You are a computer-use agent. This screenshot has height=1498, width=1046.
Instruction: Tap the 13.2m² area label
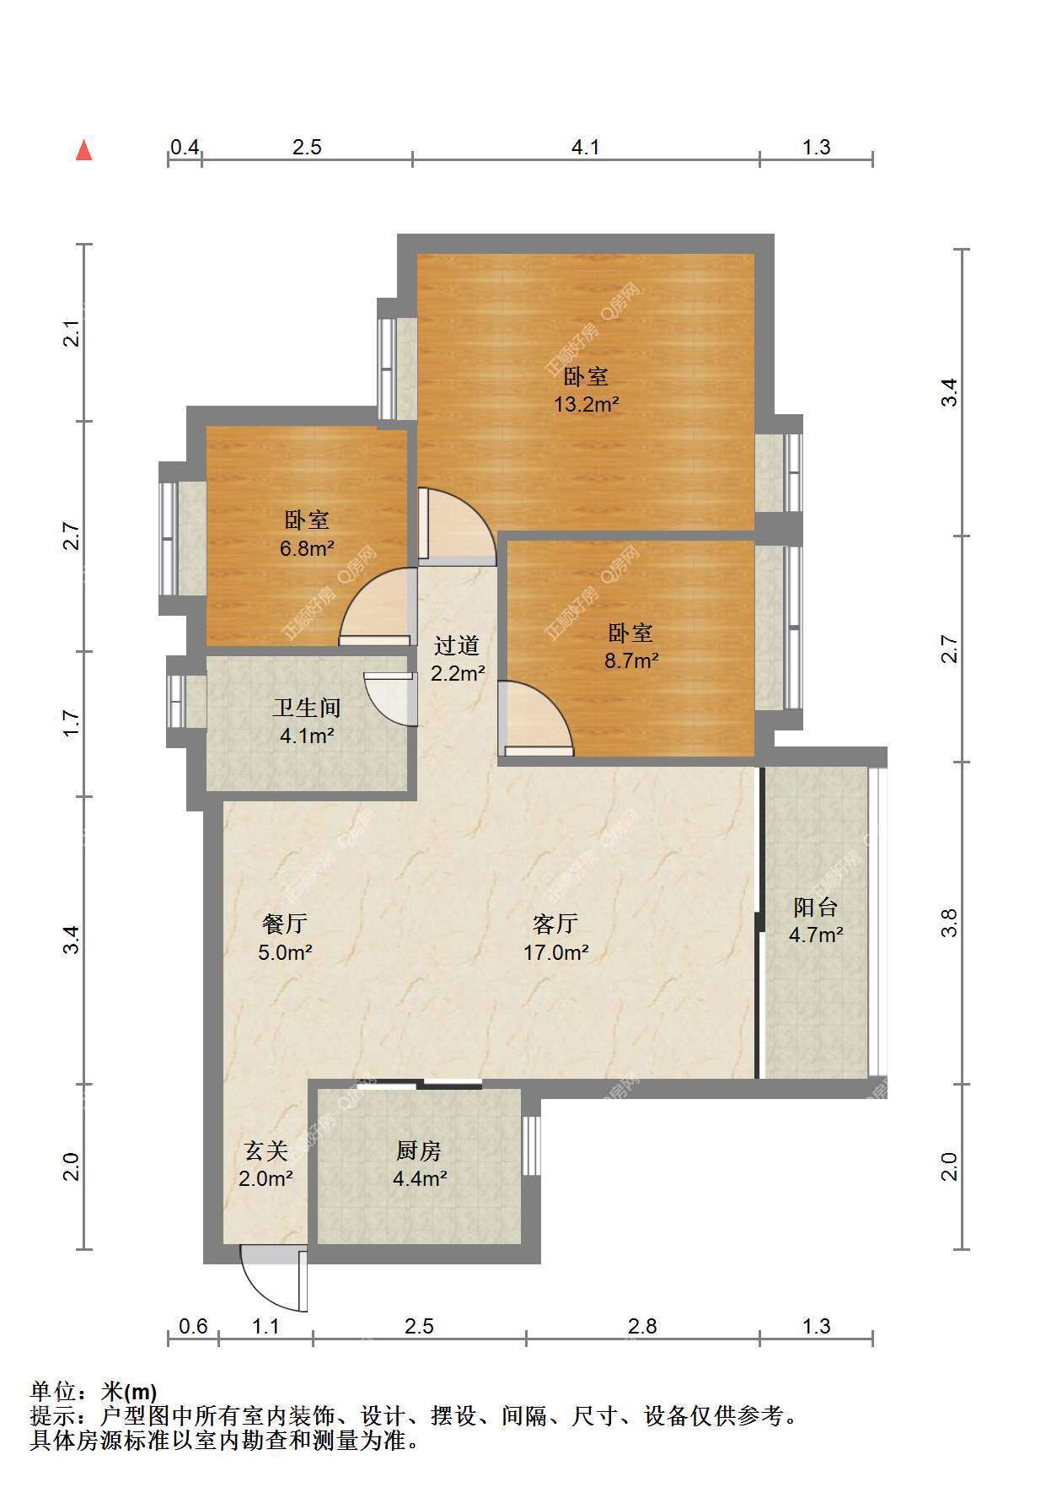586,404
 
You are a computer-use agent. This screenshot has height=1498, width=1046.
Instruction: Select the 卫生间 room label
307,708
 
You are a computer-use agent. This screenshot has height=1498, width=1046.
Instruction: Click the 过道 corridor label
457,645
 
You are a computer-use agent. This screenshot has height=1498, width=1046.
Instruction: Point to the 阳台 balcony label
816,907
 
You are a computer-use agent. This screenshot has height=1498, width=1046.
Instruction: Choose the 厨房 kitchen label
419,1150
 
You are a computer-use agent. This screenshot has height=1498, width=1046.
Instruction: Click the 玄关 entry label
266,1150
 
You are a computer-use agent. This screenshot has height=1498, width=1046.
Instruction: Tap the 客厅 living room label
555,924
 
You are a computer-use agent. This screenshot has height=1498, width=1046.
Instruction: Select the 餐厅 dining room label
285,924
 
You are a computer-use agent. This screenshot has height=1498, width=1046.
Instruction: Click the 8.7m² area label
631,660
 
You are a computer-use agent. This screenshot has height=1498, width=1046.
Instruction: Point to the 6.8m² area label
307,548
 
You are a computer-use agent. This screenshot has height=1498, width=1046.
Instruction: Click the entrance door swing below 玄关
274,1279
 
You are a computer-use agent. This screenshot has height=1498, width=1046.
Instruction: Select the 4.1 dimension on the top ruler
586,147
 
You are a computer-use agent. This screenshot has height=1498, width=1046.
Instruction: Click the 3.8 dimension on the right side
950,923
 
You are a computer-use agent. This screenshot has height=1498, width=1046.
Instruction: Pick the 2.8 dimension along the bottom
642,1326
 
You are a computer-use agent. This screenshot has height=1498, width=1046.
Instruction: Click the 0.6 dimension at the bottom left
193,1326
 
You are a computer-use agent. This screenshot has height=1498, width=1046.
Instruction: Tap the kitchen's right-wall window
531,1145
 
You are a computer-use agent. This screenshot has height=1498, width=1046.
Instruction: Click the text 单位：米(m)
94,1391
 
